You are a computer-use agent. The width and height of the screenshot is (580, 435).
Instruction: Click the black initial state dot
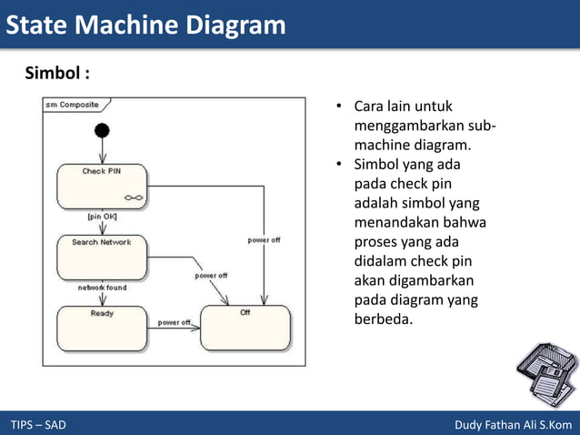pyautogui.click(x=102, y=130)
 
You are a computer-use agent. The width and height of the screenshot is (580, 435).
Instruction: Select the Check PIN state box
pyautogui.click(x=101, y=187)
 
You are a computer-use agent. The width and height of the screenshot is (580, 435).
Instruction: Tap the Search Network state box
pyautogui.click(x=101, y=258)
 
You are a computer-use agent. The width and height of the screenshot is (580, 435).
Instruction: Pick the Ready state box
pyautogui.click(x=101, y=328)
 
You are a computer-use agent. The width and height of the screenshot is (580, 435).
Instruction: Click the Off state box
pyautogui.click(x=245, y=328)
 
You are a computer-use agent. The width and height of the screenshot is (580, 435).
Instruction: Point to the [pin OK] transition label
pyautogui.click(x=102, y=217)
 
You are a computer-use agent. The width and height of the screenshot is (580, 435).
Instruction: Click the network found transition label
pyautogui.click(x=102, y=288)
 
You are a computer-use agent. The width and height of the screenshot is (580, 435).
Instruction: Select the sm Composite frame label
pyautogui.click(x=72, y=104)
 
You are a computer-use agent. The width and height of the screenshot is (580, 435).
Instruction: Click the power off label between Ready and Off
pyautogui.click(x=175, y=322)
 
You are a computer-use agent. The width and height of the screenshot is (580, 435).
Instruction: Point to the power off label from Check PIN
pyautogui.click(x=264, y=240)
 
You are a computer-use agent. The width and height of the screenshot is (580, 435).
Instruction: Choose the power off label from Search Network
pyautogui.click(x=210, y=275)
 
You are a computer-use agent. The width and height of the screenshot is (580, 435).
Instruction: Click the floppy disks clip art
pyautogui.click(x=546, y=374)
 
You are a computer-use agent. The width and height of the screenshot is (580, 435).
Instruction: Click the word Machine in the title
pyautogui.click(x=127, y=25)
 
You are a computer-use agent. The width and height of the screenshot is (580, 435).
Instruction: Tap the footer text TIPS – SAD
pyautogui.click(x=38, y=425)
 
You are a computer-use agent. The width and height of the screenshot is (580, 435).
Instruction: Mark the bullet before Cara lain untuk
pyautogui.click(x=337, y=107)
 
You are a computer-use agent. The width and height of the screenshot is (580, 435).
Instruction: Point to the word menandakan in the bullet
pyautogui.click(x=396, y=222)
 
